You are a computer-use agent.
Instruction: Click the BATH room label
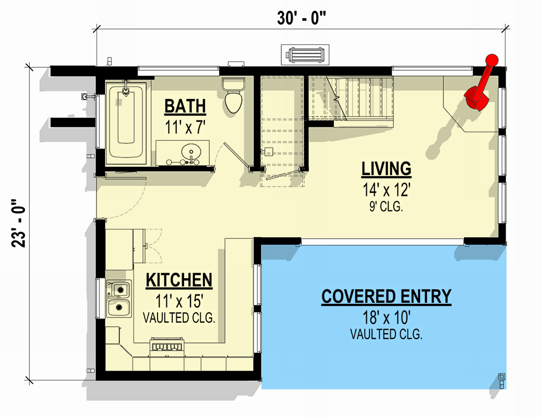pyautogui.click(x=185, y=106)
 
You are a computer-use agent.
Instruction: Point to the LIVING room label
pyautogui.click(x=387, y=169)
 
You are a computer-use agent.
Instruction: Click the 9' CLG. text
pyautogui.click(x=387, y=207)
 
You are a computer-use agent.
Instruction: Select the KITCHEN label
pyautogui.click(x=179, y=280)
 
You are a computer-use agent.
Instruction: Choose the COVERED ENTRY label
pyautogui.click(x=386, y=297)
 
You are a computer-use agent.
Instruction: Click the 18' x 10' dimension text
pyautogui.click(x=386, y=317)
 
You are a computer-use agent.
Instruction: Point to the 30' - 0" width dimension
pyautogui.click(x=301, y=17)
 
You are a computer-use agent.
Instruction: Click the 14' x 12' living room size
pyautogui.click(x=387, y=190)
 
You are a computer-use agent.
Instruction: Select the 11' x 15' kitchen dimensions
pyautogui.click(x=179, y=300)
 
